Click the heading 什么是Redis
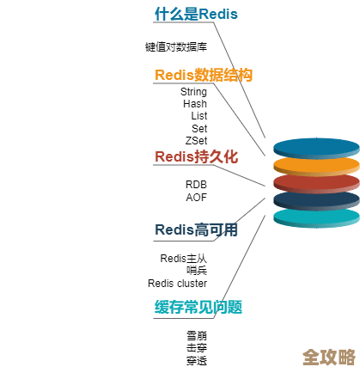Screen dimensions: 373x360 [196, 15]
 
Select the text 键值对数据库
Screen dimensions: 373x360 [176, 47]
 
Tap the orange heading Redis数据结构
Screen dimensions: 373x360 [204, 76]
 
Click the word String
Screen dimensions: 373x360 [193, 92]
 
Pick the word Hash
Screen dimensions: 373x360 [194, 104]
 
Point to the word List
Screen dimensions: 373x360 [198, 116]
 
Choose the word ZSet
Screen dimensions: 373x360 [196, 140]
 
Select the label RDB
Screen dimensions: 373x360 [196, 185]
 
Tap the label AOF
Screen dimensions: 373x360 [196, 197]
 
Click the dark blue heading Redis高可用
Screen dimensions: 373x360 [196, 230]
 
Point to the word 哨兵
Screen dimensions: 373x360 [197, 271]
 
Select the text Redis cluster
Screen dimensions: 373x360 [177, 283]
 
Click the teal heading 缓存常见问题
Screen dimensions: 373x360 [198, 307]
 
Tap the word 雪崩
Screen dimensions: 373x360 [197, 335]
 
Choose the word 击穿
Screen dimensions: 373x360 [197, 348]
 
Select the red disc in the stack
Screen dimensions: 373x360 [315, 182]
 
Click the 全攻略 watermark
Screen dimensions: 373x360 [329, 357]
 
